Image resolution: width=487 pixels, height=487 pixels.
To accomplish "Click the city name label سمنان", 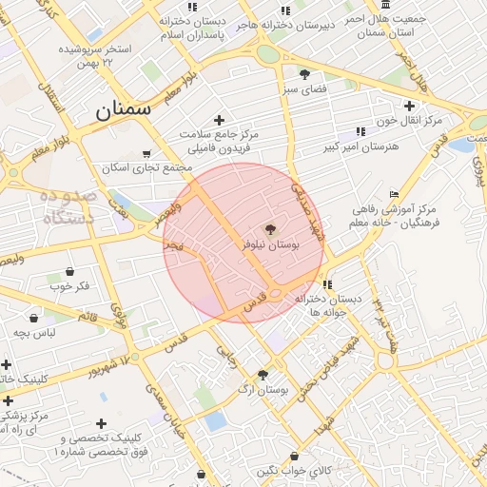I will [x=124, y=109].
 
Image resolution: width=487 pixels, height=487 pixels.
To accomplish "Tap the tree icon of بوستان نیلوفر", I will [x=270, y=229].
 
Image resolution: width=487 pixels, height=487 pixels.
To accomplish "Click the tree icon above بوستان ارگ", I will [x=263, y=375].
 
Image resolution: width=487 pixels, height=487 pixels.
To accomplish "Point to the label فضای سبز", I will [x=304, y=88].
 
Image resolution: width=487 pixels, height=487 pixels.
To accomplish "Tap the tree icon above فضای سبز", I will [x=304, y=73].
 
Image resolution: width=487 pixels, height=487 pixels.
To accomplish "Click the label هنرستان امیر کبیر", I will [x=360, y=147].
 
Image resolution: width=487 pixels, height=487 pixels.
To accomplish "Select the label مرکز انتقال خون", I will [x=410, y=121].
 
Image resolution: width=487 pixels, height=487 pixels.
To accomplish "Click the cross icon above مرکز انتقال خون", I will [x=410, y=106].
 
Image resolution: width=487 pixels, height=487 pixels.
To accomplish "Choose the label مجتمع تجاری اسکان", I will [x=147, y=167].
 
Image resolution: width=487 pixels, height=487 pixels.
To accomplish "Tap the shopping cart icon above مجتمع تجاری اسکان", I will [x=146, y=153].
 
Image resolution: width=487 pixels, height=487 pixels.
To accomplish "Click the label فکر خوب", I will [x=68, y=286].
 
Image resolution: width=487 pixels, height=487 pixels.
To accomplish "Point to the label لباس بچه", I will [x=34, y=333].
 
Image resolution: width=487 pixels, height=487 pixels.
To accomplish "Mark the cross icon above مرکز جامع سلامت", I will [x=220, y=120].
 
